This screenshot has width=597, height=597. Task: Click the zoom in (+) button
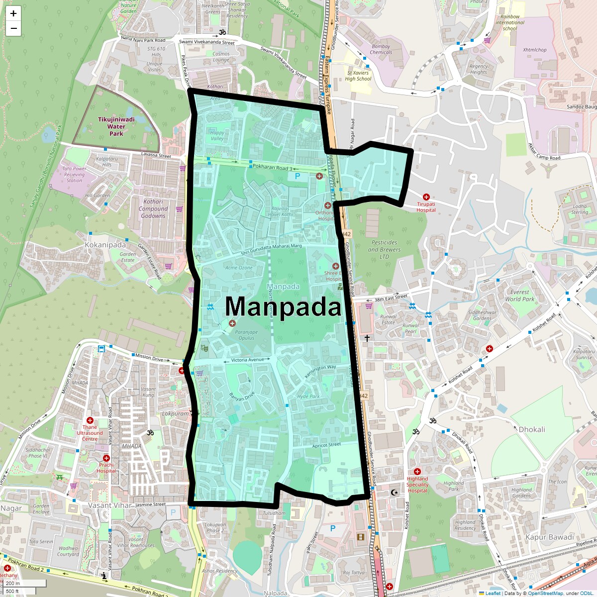tap(13, 13)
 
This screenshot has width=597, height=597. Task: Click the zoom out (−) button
tap(13, 28)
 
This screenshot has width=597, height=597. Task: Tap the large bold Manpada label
tap(283, 306)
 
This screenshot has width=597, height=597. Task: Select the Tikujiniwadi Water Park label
tap(116, 126)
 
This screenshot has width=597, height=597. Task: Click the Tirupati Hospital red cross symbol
tap(426, 197)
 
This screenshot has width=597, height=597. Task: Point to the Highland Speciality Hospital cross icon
tap(417, 472)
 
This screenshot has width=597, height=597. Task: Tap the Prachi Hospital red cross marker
tap(106, 458)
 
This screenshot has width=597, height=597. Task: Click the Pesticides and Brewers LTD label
tap(384, 249)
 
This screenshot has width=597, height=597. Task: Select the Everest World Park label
tap(519, 296)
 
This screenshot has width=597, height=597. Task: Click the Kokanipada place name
tap(105, 245)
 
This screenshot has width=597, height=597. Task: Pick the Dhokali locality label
tap(532, 429)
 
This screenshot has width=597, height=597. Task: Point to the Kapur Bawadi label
tap(549, 537)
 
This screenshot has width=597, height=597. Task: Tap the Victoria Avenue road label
tap(247, 360)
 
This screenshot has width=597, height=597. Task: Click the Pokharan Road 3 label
tap(272, 168)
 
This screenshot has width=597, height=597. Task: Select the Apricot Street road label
tap(326, 445)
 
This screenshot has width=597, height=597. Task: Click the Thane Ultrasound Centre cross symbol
tap(90, 420)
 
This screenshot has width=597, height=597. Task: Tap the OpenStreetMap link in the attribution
tap(545, 593)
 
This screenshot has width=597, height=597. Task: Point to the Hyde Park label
tap(308, 397)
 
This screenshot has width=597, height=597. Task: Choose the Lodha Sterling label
tap(580, 209)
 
